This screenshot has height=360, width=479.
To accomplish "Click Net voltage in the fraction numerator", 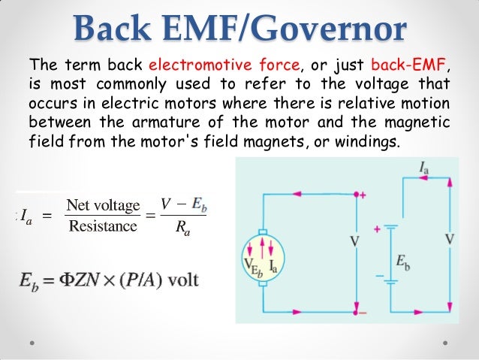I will pos(103,205).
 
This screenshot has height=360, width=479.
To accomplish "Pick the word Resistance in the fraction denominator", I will pos(103,226).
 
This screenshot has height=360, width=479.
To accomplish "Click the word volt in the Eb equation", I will pos(184,280).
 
